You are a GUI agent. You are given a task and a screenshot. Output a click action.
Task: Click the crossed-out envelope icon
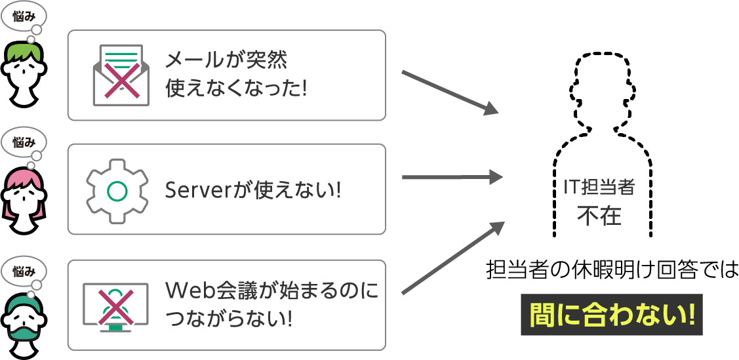point(121,74)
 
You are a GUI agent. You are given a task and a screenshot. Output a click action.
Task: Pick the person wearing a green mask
point(24,320)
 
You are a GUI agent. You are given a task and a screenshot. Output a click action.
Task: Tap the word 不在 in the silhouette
point(599,215)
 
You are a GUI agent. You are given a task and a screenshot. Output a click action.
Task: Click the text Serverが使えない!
point(252,190)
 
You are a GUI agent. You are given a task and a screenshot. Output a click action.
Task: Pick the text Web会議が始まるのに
point(272,290)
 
